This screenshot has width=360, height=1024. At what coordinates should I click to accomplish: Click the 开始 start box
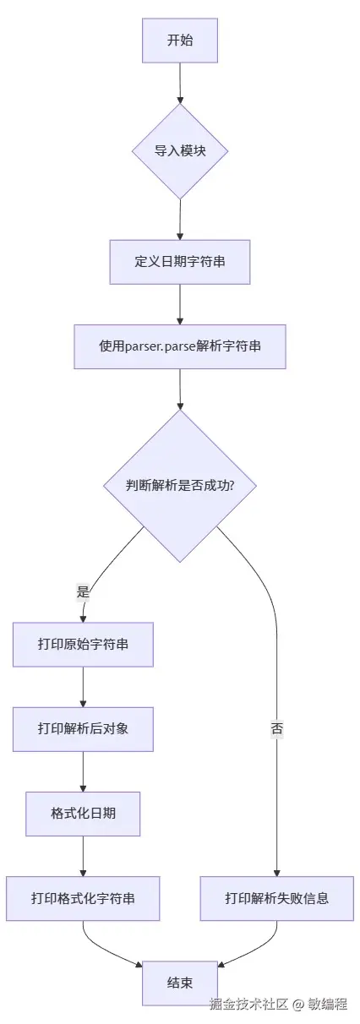(x=180, y=40)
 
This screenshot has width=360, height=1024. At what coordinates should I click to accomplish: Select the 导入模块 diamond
(x=180, y=152)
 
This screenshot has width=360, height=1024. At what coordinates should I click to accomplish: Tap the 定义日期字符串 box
(x=180, y=262)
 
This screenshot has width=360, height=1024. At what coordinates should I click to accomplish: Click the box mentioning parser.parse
(x=180, y=346)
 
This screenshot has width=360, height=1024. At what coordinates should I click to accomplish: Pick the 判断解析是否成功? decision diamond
(x=180, y=486)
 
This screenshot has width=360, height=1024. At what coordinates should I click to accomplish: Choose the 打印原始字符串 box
(x=83, y=645)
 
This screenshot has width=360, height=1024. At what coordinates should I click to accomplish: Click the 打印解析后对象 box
(x=83, y=729)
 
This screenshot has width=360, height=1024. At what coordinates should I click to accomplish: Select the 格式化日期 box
(x=83, y=814)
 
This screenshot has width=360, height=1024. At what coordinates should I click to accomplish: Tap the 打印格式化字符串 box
(x=83, y=898)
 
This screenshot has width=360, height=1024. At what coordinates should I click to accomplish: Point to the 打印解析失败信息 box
(x=276, y=898)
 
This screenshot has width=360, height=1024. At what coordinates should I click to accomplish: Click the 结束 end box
(x=180, y=983)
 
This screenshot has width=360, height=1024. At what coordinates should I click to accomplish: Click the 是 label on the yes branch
(x=83, y=592)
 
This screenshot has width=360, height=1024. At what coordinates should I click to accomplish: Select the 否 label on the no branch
(x=276, y=729)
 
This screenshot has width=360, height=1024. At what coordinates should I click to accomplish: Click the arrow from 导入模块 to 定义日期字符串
(x=180, y=220)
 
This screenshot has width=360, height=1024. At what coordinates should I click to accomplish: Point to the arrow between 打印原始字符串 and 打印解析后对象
(x=83, y=687)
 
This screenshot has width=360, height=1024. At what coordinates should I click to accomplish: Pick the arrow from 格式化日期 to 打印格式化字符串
(x=83, y=856)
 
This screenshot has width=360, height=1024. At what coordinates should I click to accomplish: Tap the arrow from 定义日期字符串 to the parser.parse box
(x=180, y=304)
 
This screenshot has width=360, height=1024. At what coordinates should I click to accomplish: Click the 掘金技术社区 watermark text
(x=249, y=1005)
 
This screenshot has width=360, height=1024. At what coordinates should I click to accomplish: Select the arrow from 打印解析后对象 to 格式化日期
(x=83, y=771)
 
